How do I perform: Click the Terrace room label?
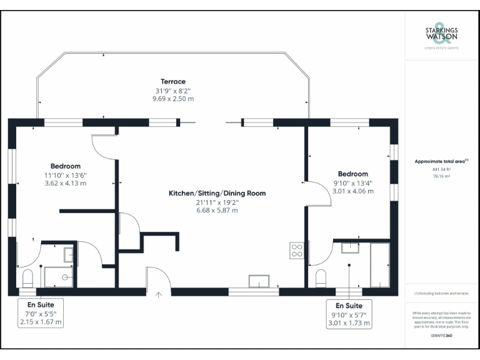tap(173, 82)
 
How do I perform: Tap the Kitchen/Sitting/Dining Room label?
tap(217, 193)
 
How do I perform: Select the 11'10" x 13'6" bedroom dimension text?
tap(66, 175)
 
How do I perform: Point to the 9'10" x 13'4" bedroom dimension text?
tap(352, 182)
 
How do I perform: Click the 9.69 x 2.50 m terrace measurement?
tap(173, 99)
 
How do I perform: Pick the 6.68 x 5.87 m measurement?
tap(217, 211)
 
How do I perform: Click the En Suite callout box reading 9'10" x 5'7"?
tap(349, 314)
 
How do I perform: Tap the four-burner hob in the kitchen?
tap(297, 251)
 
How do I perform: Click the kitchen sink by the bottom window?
tap(259, 281)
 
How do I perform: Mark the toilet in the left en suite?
tap(27, 277)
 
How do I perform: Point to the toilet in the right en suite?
tap(322, 277)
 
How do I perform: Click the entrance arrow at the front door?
tap(159, 294)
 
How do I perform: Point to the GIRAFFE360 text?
tap(441, 336)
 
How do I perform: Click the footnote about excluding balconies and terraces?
tap(441, 293)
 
